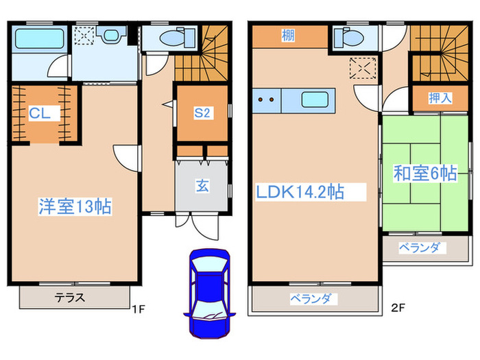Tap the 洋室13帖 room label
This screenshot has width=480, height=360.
tap(75, 206)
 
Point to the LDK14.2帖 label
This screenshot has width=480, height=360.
tap(300, 193)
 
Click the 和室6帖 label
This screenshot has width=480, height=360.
tap(424, 174)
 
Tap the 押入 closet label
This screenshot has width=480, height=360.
tap(440, 98)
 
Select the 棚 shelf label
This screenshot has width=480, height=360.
tap(288, 36)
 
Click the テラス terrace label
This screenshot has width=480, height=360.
tap(69, 298)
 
